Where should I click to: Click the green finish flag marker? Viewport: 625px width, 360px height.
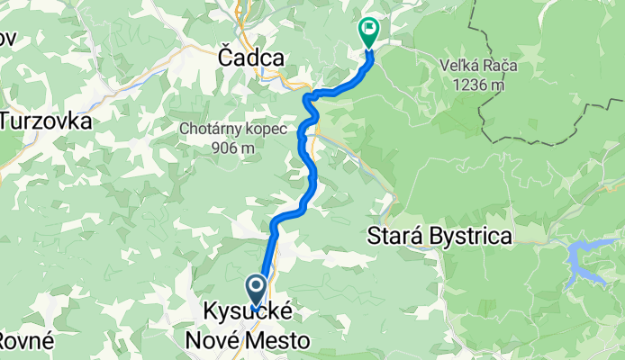(x=368, y=31)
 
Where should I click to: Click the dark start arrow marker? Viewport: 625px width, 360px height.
(x=256, y=291)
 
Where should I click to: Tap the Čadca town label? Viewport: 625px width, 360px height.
(x=251, y=58)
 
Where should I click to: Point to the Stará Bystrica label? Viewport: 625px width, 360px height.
(x=440, y=238)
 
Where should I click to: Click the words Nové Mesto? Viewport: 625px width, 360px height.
(x=247, y=341)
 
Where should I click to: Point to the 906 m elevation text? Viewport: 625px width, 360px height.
(x=234, y=148)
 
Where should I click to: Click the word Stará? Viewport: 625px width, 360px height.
(x=394, y=238)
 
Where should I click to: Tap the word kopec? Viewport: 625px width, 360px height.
(x=267, y=129)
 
